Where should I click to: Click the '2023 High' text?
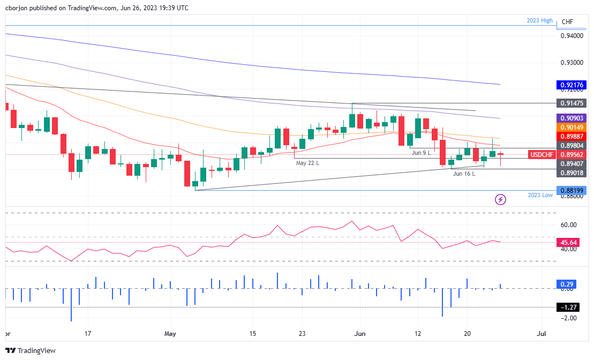pyautogui.click(x=539, y=21)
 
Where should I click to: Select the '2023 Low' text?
pyautogui.click(x=539, y=196)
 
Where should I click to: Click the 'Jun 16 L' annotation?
pyautogui.click(x=464, y=174)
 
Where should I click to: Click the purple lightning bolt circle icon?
pyautogui.click(x=501, y=200)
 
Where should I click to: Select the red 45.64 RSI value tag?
pyautogui.click(x=567, y=242)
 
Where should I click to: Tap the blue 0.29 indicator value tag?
pyautogui.click(x=567, y=283)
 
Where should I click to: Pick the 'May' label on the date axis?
pyautogui.click(x=170, y=334)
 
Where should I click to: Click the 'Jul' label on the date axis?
pyautogui.click(x=542, y=334)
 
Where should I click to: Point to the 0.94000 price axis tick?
pyautogui.click(x=572, y=36)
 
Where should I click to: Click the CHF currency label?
pyautogui.click(x=567, y=22)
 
